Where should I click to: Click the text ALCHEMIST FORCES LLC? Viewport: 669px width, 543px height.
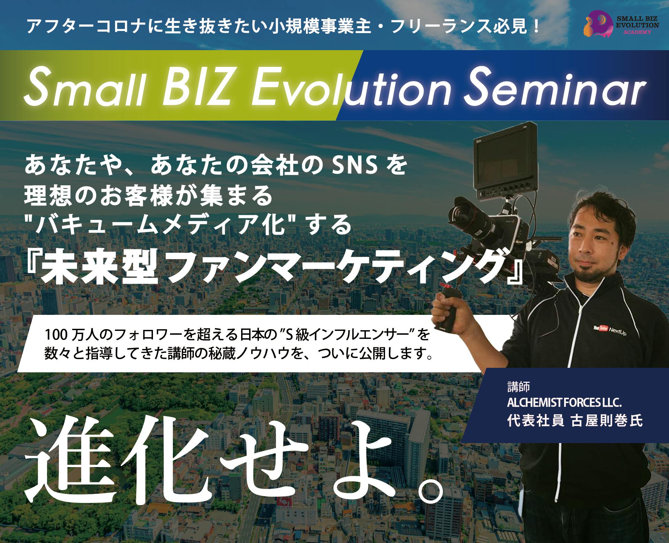564,404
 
